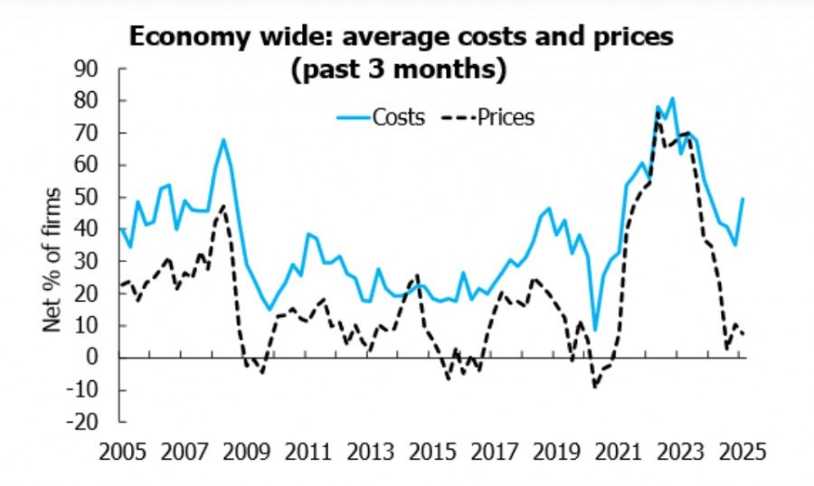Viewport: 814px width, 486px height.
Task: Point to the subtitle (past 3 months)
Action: click(398, 69)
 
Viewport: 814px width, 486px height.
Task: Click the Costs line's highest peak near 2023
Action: click(672, 98)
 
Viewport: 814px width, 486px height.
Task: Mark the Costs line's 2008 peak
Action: click(223, 139)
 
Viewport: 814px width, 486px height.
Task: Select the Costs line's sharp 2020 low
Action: click(595, 330)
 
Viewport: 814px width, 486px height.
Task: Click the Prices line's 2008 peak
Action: click(223, 206)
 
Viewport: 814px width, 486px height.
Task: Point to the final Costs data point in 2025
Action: click(743, 199)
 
